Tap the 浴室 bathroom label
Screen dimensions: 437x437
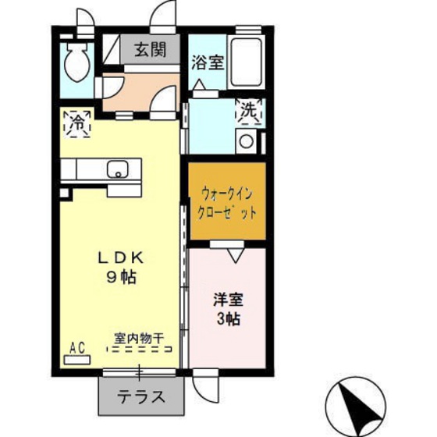(x=208, y=62)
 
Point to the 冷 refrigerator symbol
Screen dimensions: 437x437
(x=78, y=122)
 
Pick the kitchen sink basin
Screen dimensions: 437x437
(x=118, y=169)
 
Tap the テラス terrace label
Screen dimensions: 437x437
(x=141, y=396)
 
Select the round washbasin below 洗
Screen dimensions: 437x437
(x=247, y=142)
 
